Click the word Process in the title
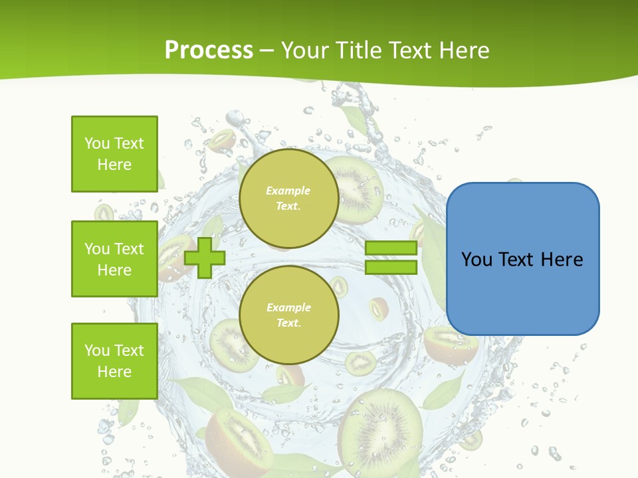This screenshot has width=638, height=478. pos(209,50)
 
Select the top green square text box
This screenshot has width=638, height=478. pos(114,154)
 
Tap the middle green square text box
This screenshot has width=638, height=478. pos(114,259)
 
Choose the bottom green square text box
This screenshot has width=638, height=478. pos(114,361)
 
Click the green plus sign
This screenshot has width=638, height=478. pos(205,258)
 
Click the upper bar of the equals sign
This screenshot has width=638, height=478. pos(391,248)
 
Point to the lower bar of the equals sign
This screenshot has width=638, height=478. pos(391,268)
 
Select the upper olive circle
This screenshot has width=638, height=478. pos(288,198)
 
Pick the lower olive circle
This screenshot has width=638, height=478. pos(288,315)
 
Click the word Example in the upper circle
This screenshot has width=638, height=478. pos(288,191)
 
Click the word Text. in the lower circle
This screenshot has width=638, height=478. pos(288,323)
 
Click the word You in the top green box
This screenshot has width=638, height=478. pos(97,143)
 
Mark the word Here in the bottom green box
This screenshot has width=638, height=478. pos(114,372)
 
